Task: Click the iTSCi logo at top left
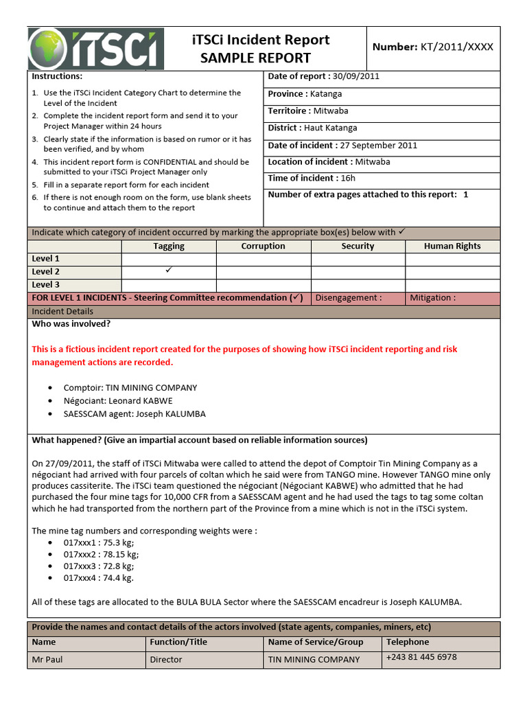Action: tap(96, 49)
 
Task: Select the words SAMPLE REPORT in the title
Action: tap(255, 58)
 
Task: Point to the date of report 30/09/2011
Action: tap(355, 76)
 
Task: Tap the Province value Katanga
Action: tap(325, 94)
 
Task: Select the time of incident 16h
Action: tap(348, 178)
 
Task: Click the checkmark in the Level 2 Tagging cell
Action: tap(169, 270)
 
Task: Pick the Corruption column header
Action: tap(263, 246)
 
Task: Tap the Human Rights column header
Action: tap(452, 246)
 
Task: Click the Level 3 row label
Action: tap(46, 285)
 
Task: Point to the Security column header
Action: tap(358, 246)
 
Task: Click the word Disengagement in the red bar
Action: tap(348, 298)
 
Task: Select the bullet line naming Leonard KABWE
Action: tap(118, 401)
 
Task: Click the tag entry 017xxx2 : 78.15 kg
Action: tap(101, 554)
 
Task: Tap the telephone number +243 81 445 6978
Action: tap(421, 657)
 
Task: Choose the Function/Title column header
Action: tap(178, 643)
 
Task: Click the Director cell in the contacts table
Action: tap(166, 659)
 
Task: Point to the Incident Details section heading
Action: tap(62, 312)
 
